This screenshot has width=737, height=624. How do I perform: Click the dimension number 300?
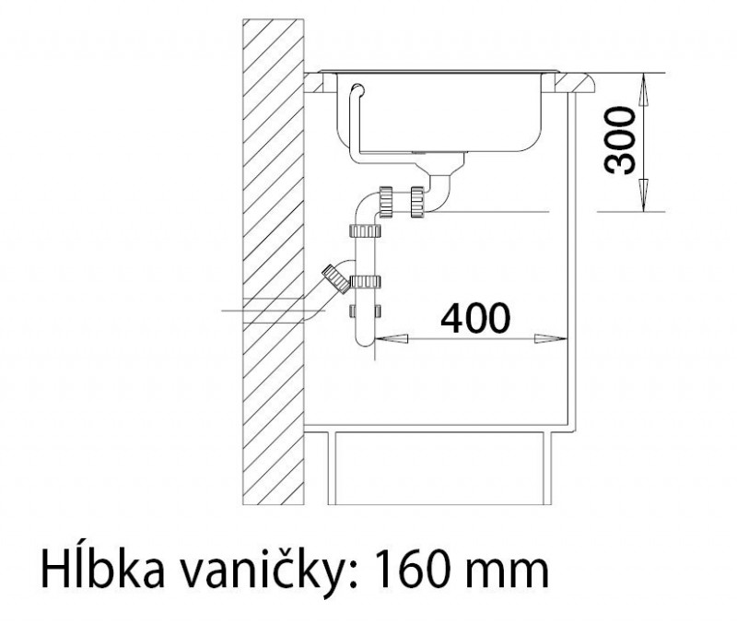tap(620, 141)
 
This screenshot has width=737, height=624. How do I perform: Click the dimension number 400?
tap(474, 318)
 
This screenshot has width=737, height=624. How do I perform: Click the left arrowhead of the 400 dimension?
tap(391, 338)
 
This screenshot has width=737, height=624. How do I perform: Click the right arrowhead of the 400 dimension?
tap(551, 338)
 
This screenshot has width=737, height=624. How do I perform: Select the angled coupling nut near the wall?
tap(335, 278)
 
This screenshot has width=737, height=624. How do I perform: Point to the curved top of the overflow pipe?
tap(358, 88)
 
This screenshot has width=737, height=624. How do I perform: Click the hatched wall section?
tap(274, 262)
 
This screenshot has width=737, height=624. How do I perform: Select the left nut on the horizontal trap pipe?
tap(385, 202)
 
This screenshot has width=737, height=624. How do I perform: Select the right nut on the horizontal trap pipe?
tap(418, 202)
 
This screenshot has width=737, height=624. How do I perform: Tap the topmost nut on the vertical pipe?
tap(365, 230)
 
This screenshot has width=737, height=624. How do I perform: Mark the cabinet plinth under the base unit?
tap(439, 467)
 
